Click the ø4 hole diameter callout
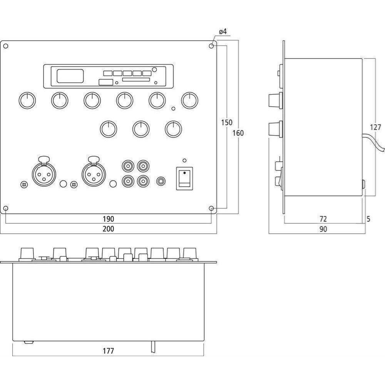click(x=223, y=32)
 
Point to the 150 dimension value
click(x=226, y=122)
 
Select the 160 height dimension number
click(x=238, y=133)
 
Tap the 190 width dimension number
click(x=108, y=219)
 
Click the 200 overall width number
click(x=108, y=229)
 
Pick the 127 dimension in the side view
click(x=375, y=127)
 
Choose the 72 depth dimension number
click(x=323, y=219)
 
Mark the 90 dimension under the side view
click(x=323, y=229)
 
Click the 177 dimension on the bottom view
click(x=108, y=351)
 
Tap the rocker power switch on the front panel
click(x=184, y=179)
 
